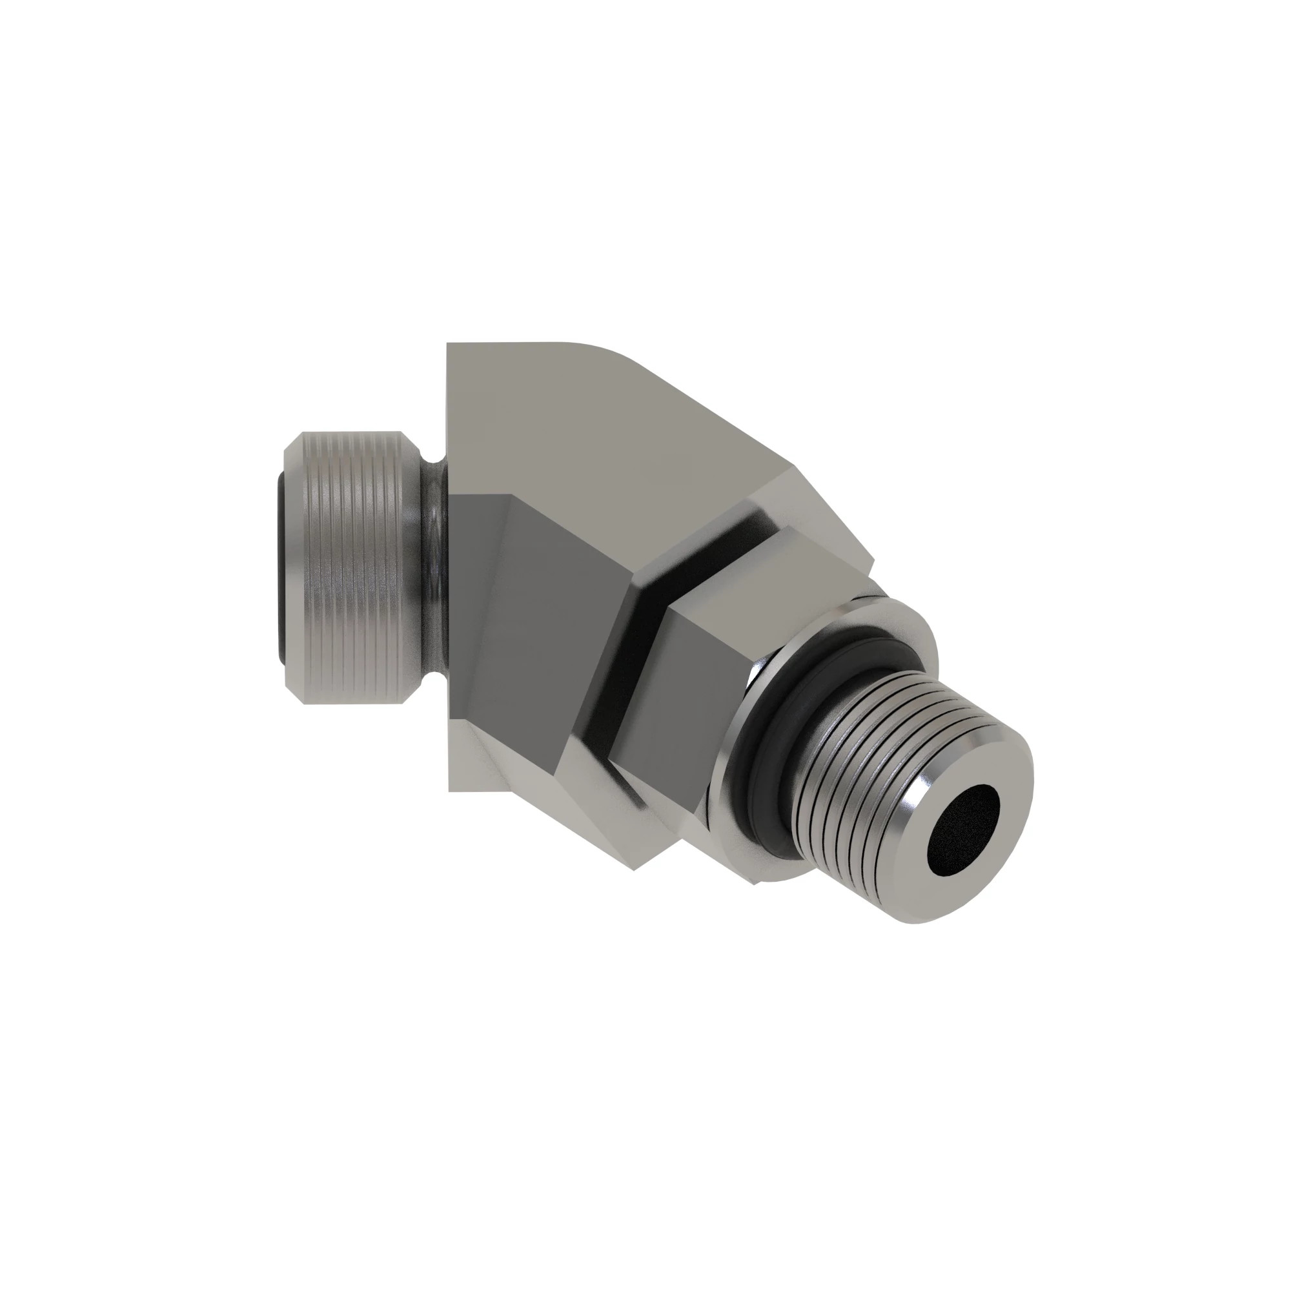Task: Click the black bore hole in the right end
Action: [964, 829]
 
